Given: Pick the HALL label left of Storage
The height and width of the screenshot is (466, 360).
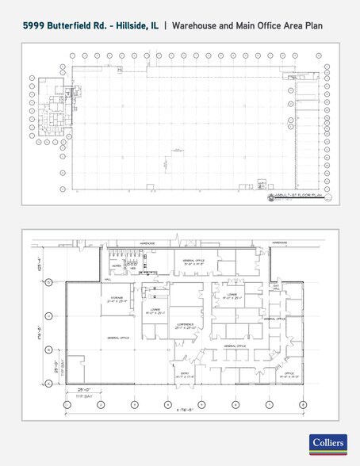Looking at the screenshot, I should (107, 280).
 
